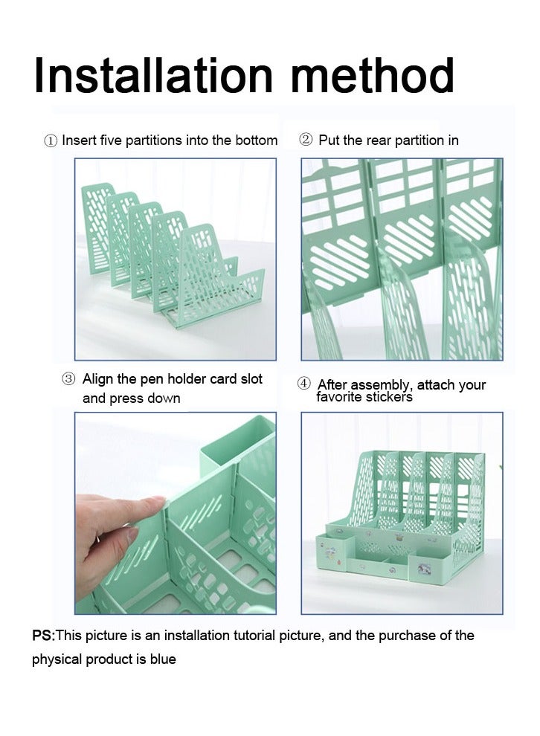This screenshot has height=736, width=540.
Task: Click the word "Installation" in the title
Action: [x=153, y=76]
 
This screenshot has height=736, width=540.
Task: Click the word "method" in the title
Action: [x=373, y=76]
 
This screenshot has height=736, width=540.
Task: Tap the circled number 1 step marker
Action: [x=51, y=141]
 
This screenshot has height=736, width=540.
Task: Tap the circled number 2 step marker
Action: [x=305, y=140]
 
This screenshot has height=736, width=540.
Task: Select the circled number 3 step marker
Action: [x=68, y=379]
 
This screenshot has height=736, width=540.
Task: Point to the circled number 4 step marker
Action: [x=303, y=384]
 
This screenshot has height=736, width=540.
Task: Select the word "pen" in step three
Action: [x=152, y=380]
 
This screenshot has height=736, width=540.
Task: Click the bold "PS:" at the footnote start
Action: [x=44, y=636]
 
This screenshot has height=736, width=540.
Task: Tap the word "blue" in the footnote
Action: [x=163, y=659]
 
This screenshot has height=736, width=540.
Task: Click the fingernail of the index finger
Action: [x=157, y=502]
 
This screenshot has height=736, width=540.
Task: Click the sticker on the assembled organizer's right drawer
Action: [x=424, y=569]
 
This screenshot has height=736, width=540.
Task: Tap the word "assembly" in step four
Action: [x=379, y=385]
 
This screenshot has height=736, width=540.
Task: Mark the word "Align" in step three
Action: [x=97, y=380]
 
